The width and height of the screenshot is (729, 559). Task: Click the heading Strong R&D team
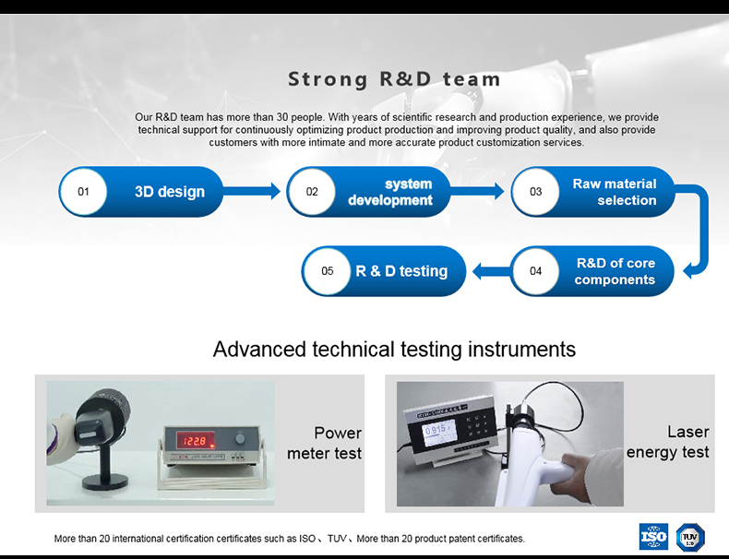pyautogui.click(x=394, y=79)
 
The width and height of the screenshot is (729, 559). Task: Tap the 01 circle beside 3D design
pyautogui.click(x=84, y=192)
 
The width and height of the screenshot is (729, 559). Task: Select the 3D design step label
pyautogui.click(x=170, y=192)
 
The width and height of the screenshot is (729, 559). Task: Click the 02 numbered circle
pyautogui.click(x=312, y=192)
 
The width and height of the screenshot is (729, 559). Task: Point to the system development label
pyautogui.click(x=390, y=192)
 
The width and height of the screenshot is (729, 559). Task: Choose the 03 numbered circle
pyautogui.click(x=536, y=192)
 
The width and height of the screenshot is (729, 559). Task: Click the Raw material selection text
pyautogui.click(x=615, y=192)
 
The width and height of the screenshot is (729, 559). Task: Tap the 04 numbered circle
pyautogui.click(x=536, y=271)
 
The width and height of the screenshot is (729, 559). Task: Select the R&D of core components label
pyautogui.click(x=615, y=271)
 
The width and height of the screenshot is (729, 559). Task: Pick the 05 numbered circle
pyautogui.click(x=328, y=271)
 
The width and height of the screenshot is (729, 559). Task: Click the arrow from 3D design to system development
pyautogui.click(x=252, y=191)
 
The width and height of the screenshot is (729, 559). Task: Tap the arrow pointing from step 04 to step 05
pyautogui.click(x=491, y=271)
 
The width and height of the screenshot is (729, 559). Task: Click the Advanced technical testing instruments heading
pyautogui.click(x=394, y=349)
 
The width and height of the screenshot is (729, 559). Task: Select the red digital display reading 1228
pyautogui.click(x=192, y=441)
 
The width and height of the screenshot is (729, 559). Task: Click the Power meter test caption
pyautogui.click(x=324, y=443)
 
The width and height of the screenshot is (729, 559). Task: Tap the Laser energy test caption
pyautogui.click(x=668, y=442)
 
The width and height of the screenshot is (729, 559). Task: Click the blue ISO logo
pyautogui.click(x=653, y=537)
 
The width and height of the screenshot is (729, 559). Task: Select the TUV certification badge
pyautogui.click(x=689, y=537)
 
